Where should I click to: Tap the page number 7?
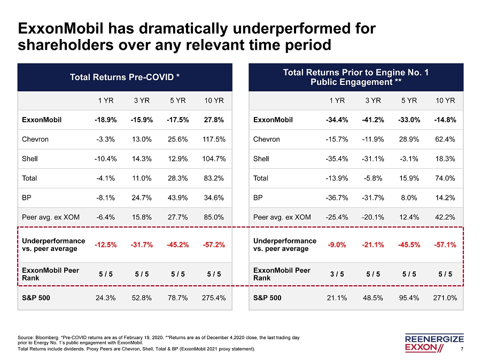[x=469, y=349]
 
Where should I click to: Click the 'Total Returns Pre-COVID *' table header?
[x=125, y=77]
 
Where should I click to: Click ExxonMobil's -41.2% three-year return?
[x=374, y=120]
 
